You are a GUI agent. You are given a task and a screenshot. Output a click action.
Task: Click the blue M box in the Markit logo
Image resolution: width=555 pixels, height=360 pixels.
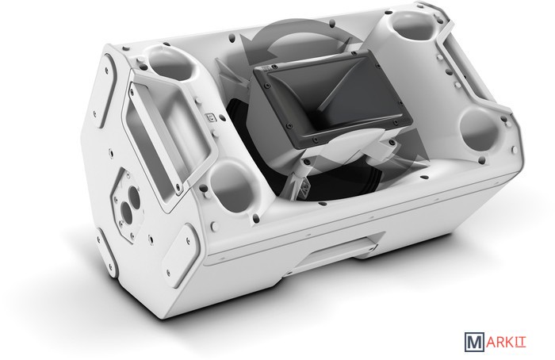click(x=475, y=343)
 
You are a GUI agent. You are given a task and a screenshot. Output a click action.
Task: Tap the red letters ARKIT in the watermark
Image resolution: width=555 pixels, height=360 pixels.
click(x=506, y=343)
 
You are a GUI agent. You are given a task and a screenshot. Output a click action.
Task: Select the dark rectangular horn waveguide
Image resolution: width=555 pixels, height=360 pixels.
click(x=333, y=101)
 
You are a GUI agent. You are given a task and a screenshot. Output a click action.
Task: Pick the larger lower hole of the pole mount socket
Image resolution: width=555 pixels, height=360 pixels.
click(x=125, y=211)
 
